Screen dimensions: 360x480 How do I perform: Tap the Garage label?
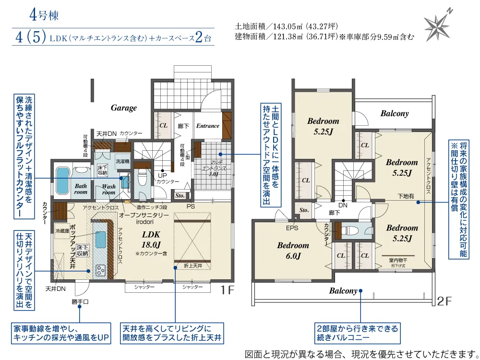coord(124,108)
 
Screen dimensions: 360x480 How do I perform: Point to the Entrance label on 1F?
coord(208,126)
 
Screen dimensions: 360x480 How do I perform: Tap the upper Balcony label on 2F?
coord(395,114)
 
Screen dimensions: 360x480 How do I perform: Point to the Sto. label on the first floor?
coord(180,196)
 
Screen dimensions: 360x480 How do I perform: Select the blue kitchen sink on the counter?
coord(100,239)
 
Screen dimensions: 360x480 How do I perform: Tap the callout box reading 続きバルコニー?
coord(357,333)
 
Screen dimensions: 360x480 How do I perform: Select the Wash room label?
coord(108,190)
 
